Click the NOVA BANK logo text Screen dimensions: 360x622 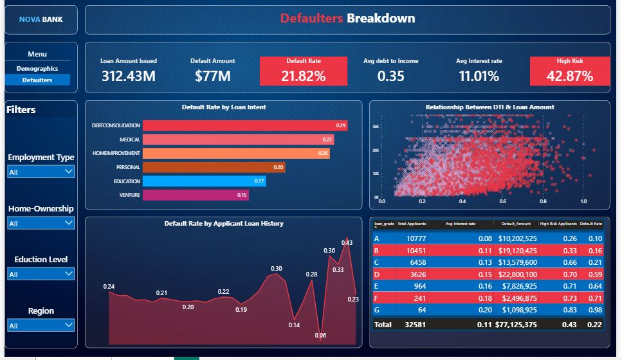41,19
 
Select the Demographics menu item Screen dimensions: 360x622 37,68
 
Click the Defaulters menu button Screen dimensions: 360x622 37,80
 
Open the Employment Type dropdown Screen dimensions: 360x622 41,172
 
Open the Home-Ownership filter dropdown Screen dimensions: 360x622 41,223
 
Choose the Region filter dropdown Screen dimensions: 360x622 41,325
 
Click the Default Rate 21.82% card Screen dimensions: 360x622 303,71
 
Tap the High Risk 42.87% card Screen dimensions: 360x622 569,71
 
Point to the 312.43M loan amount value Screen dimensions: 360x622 129,76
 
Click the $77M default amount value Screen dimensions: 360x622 213,76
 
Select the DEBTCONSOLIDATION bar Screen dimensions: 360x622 244,125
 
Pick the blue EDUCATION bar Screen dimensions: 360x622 204,181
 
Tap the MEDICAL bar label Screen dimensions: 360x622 130,139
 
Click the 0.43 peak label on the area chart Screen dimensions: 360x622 347,242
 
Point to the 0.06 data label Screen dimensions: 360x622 320,336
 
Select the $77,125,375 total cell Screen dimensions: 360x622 513,325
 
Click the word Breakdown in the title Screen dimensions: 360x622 381,19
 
